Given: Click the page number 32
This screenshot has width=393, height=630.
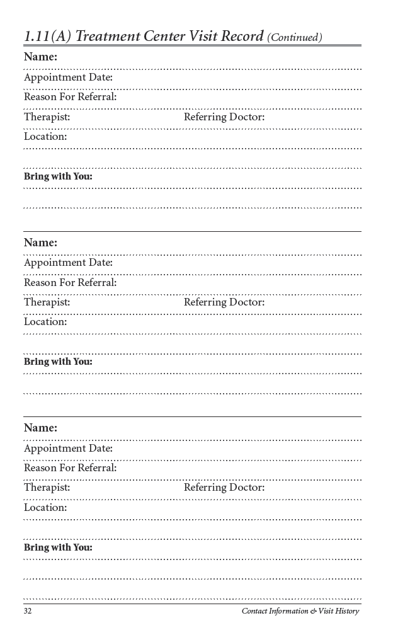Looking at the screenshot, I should pyautogui.click(x=28, y=611).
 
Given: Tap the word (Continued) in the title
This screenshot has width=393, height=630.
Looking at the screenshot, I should pyautogui.click(x=295, y=38).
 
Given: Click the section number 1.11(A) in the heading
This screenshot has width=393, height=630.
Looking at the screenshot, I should pyautogui.click(x=47, y=37).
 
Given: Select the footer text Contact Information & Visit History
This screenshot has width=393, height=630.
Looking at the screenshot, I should pyautogui.click(x=300, y=611).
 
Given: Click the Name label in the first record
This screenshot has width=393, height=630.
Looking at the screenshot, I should pyautogui.click(x=40, y=57).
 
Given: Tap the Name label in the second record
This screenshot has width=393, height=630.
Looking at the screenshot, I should pyautogui.click(x=40, y=243).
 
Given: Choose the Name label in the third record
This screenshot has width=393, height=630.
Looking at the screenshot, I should pyautogui.click(x=40, y=428).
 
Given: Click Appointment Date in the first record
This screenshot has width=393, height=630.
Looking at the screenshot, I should pyautogui.click(x=68, y=77).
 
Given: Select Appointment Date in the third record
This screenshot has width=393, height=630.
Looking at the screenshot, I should pyautogui.click(x=68, y=449).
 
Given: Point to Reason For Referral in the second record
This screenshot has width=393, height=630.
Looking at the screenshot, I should pyautogui.click(x=71, y=282).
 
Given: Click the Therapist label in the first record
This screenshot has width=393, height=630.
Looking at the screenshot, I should pyautogui.click(x=47, y=117).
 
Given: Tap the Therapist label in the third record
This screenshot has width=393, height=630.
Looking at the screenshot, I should pyautogui.click(x=47, y=488).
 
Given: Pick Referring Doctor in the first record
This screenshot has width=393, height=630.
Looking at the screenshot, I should pyautogui.click(x=224, y=117).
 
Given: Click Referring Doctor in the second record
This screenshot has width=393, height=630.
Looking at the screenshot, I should pyautogui.click(x=224, y=302).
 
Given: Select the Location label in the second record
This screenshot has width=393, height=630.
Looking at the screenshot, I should pyautogui.click(x=45, y=322).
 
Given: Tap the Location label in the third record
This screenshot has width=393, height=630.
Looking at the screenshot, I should pyautogui.click(x=45, y=508).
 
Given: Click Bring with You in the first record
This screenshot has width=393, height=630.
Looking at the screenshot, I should pyautogui.click(x=58, y=176).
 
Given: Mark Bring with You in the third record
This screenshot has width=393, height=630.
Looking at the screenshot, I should pyautogui.click(x=58, y=547).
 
